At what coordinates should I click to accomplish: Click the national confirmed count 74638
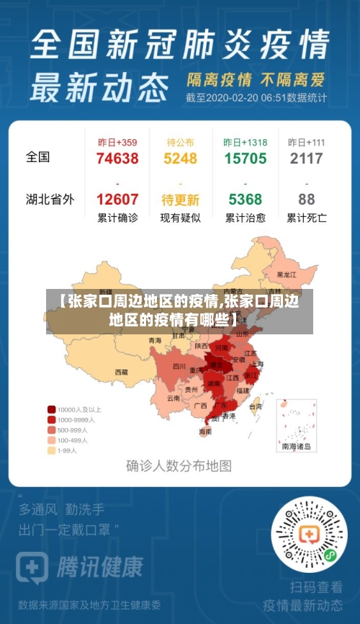[x=117, y=159]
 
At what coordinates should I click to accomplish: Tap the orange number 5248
[x=180, y=159]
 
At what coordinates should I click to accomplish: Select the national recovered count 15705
[x=245, y=159]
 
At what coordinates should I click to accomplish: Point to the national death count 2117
[x=307, y=159]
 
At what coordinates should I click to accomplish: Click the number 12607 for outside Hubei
[x=117, y=200]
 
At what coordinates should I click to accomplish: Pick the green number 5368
[x=245, y=200]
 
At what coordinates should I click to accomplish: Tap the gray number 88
[x=307, y=200]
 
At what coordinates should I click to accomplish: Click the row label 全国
[x=38, y=156]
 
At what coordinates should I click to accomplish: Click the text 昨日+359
[x=117, y=143]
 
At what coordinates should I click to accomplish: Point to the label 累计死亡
[x=307, y=217]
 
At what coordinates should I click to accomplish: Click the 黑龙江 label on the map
[x=286, y=275]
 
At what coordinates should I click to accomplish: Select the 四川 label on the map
[x=179, y=367]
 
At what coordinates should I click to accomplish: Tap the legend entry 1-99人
[x=67, y=450]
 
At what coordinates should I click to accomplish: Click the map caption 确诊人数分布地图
[x=179, y=465]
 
